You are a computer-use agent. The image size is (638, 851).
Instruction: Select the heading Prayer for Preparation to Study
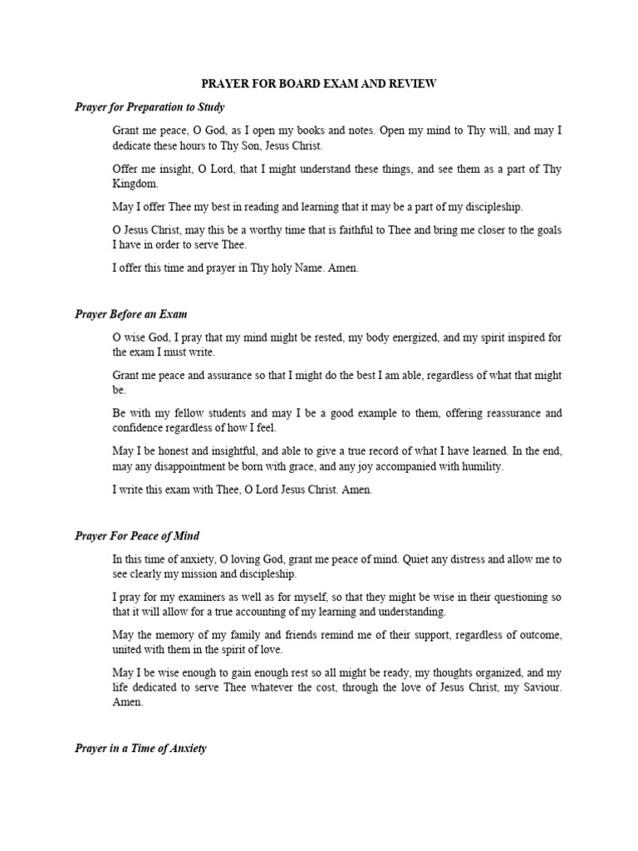point(150,107)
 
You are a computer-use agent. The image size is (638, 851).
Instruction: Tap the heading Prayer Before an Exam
point(130,314)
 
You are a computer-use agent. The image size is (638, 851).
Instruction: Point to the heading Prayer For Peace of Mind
point(137,536)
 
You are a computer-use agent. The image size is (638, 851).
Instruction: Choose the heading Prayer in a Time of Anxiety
point(140,748)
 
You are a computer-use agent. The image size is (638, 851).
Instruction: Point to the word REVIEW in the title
point(409,85)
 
